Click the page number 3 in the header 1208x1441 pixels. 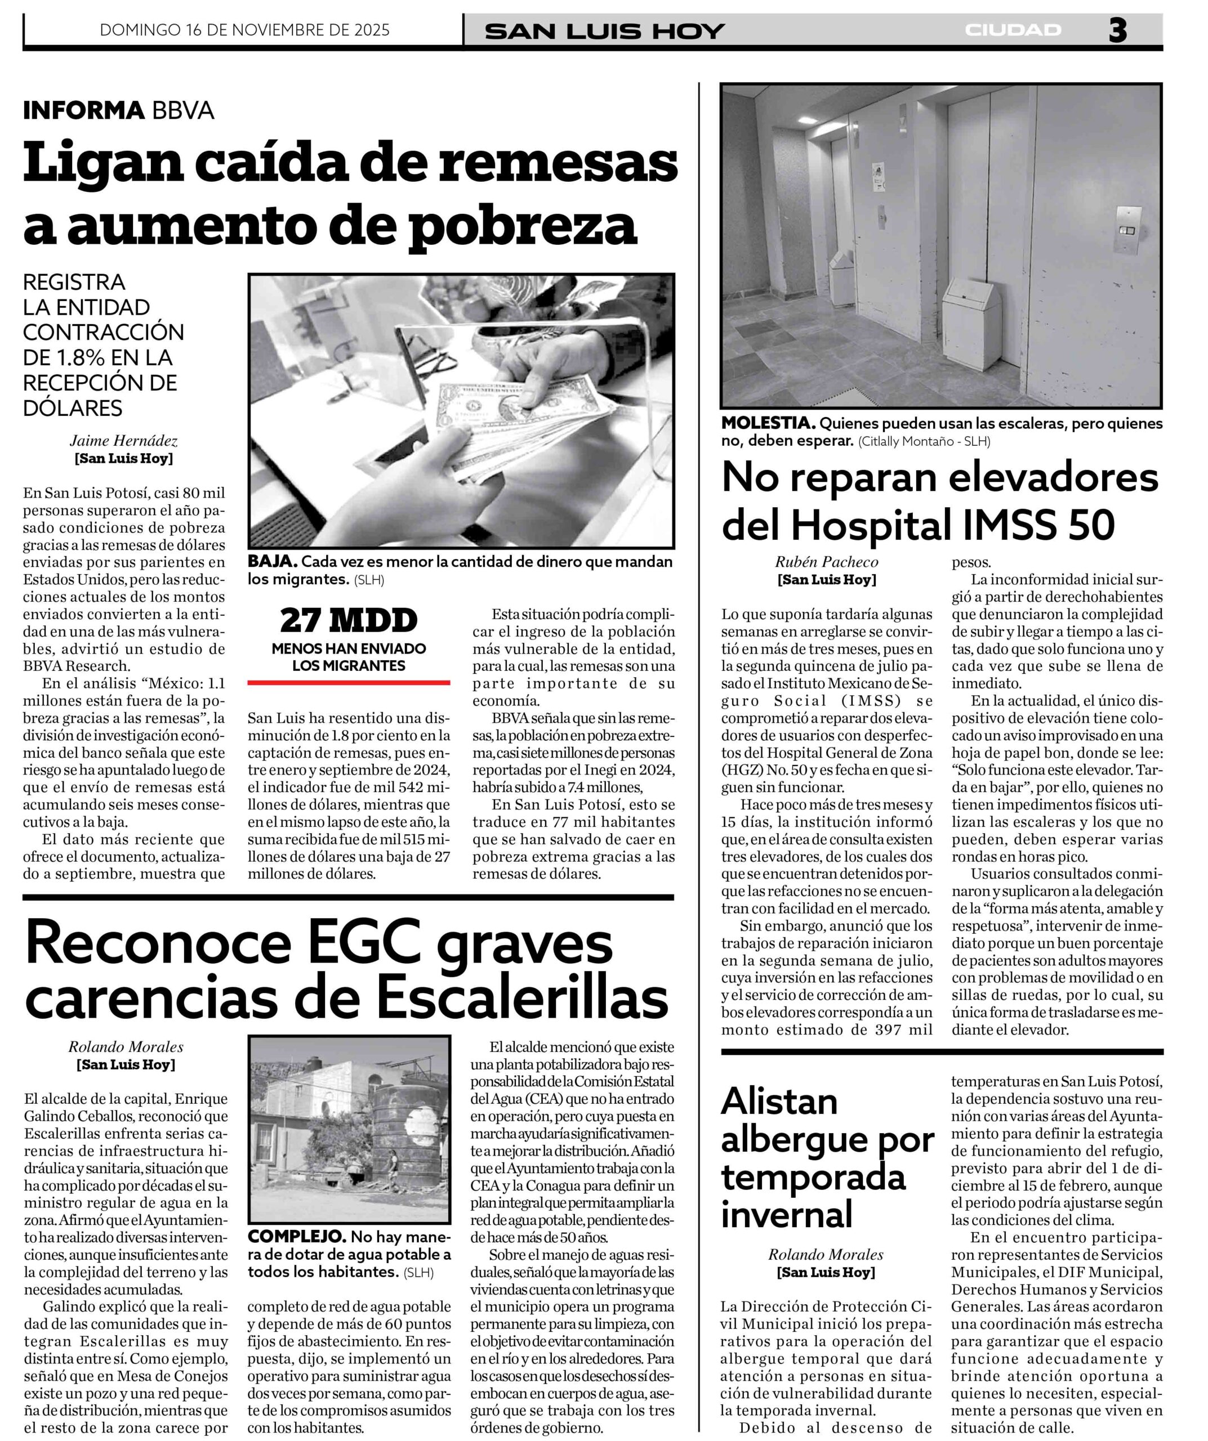click(x=1117, y=31)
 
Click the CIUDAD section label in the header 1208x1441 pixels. click(x=1013, y=30)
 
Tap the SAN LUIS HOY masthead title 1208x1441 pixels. click(x=604, y=32)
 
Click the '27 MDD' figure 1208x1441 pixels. click(x=349, y=620)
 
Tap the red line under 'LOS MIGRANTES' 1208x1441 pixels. click(x=349, y=683)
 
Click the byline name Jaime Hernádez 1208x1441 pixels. click(x=123, y=441)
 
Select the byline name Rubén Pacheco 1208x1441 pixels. click(x=826, y=562)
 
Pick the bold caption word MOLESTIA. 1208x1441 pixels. click(x=768, y=423)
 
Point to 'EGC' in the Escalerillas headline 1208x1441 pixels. click(x=363, y=946)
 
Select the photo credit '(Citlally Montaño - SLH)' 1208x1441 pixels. click(x=924, y=442)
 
